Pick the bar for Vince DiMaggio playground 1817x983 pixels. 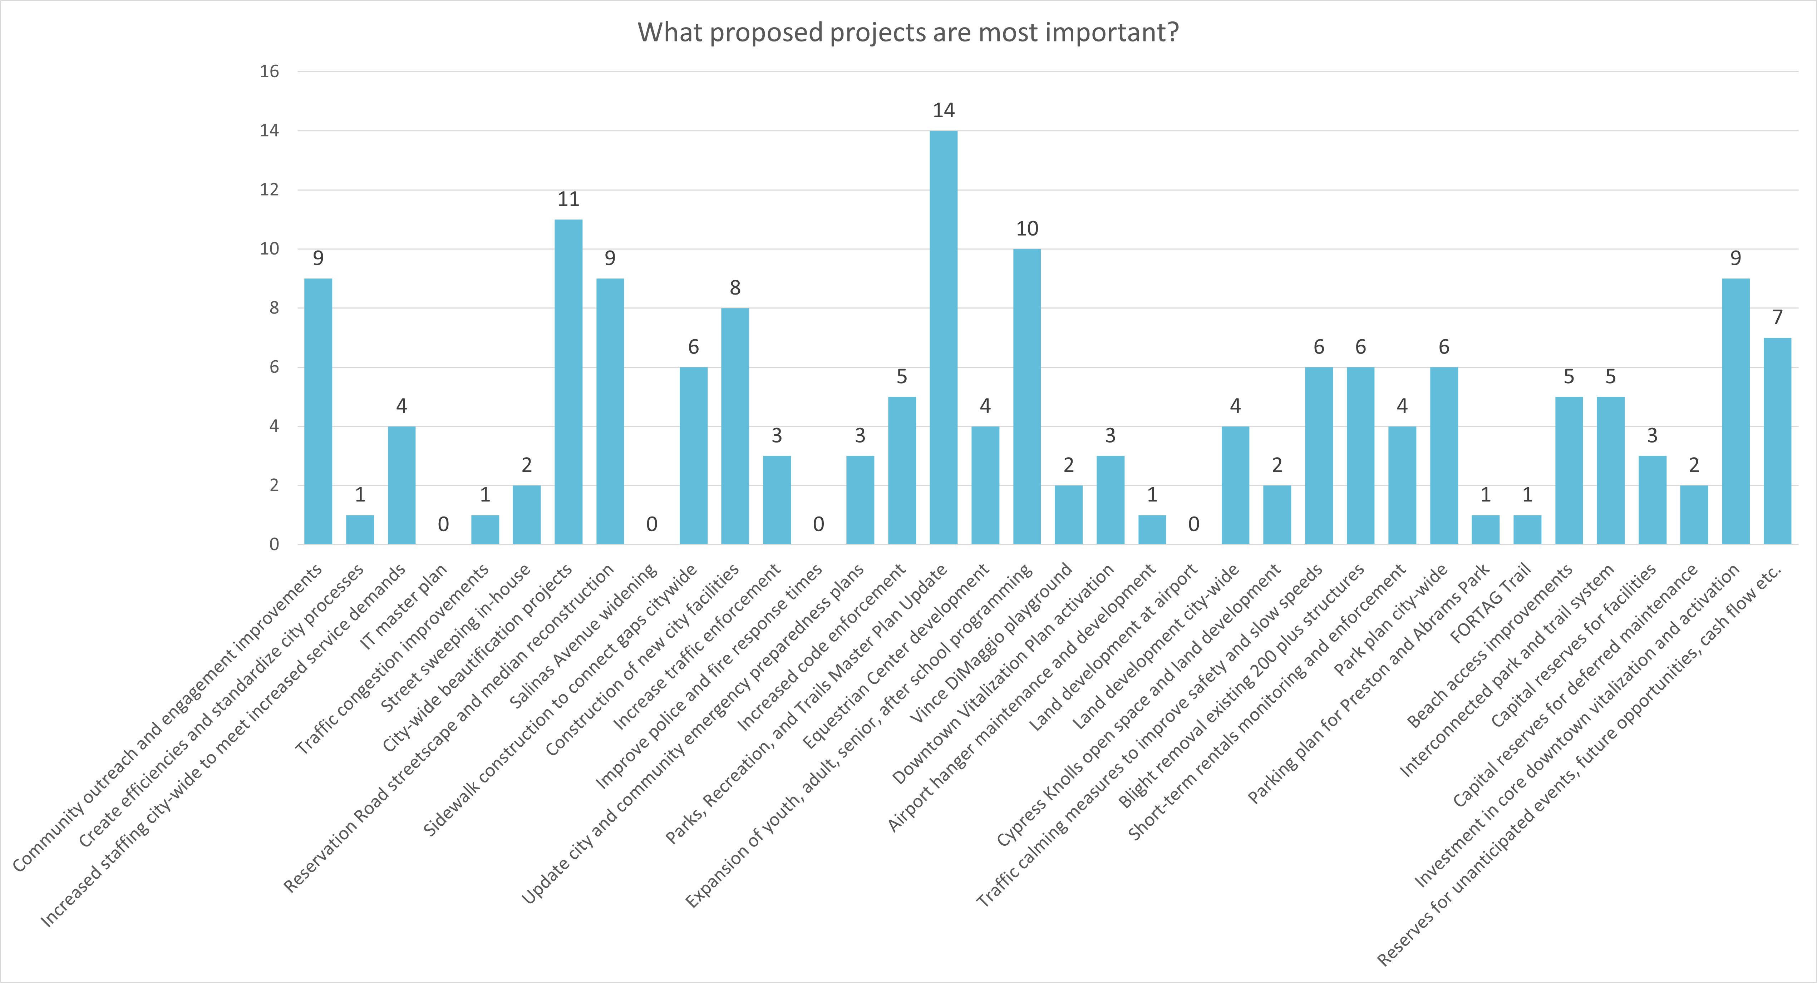(x=1069, y=515)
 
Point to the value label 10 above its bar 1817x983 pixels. (x=1027, y=228)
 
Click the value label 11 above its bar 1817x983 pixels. (x=568, y=199)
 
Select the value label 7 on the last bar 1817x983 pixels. (x=1778, y=317)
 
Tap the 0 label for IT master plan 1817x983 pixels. (x=443, y=524)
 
